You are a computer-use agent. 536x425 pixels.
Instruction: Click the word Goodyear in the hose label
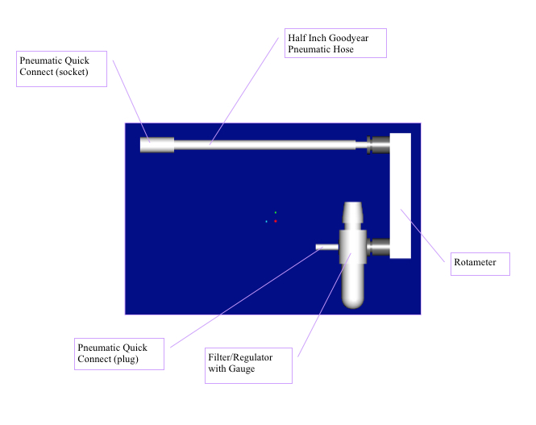(x=349, y=38)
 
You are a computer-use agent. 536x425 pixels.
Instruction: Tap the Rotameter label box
(x=480, y=264)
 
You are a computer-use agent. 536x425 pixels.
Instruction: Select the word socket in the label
(x=72, y=72)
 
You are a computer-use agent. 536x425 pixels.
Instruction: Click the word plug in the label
(x=126, y=359)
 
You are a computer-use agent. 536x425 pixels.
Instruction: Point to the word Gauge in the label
(x=242, y=369)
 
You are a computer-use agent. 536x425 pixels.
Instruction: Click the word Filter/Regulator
(x=240, y=357)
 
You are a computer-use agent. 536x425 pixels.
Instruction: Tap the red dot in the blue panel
(x=276, y=221)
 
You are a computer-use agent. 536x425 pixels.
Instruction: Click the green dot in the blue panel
(x=276, y=213)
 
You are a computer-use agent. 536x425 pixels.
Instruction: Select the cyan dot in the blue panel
(x=266, y=222)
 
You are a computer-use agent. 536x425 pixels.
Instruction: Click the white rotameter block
(x=401, y=196)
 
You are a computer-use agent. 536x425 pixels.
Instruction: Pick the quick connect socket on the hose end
(x=157, y=145)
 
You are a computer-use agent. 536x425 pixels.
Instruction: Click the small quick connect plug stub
(x=327, y=247)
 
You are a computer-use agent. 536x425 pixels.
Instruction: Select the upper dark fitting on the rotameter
(x=378, y=145)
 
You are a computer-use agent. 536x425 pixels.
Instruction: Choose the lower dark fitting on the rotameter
(x=378, y=247)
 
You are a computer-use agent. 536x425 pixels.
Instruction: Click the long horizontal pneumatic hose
(x=265, y=145)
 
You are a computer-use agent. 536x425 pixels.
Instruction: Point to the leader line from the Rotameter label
(x=422, y=235)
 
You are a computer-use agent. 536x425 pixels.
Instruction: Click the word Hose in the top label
(x=343, y=49)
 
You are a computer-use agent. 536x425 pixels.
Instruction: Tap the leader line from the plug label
(x=247, y=297)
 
